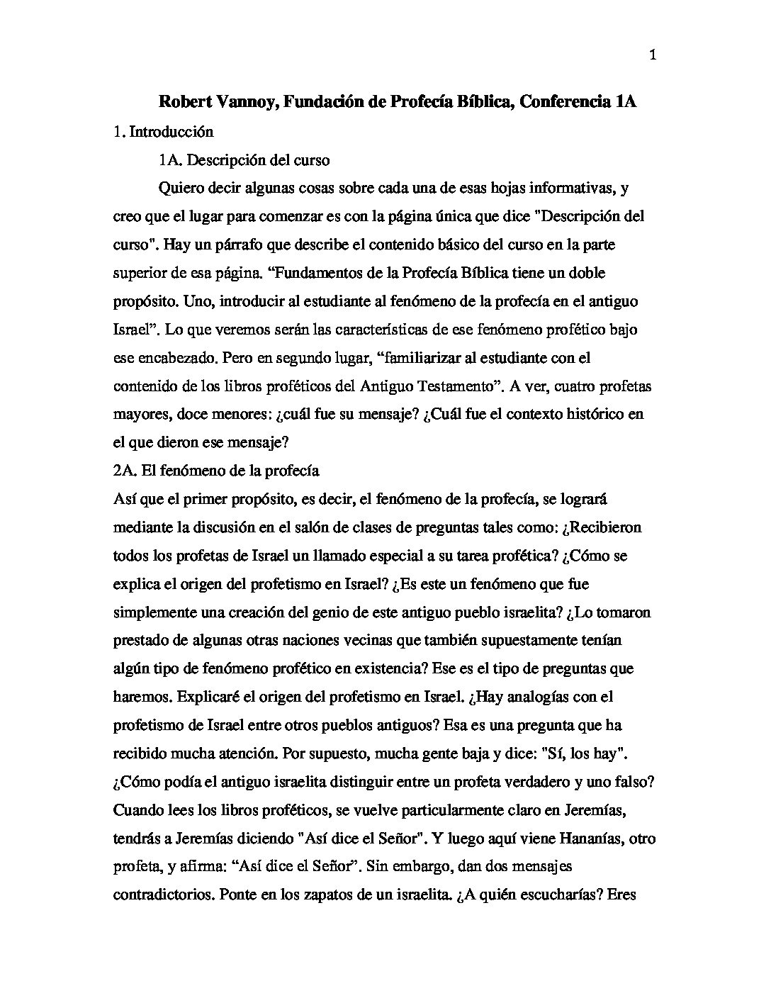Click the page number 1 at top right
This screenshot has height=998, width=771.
pos(653,57)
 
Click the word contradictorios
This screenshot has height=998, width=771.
pos(162,895)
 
